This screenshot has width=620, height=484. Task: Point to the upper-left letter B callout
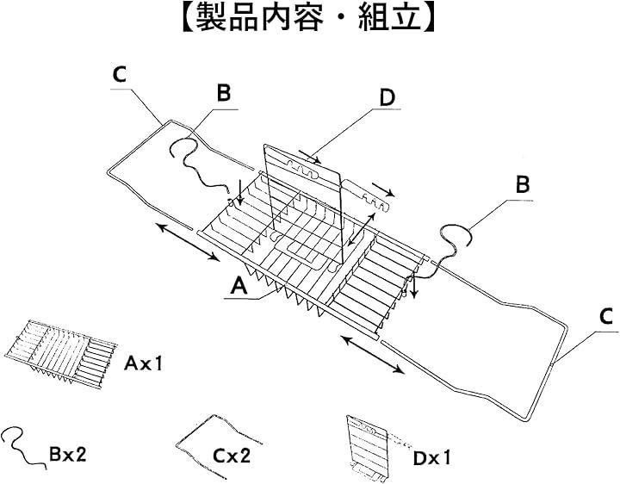point(224,94)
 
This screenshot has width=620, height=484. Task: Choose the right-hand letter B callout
point(522,184)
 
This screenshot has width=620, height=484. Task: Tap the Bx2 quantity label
point(68,454)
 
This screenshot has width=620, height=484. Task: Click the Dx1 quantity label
point(436,459)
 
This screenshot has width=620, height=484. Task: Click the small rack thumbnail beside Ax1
point(60,351)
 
